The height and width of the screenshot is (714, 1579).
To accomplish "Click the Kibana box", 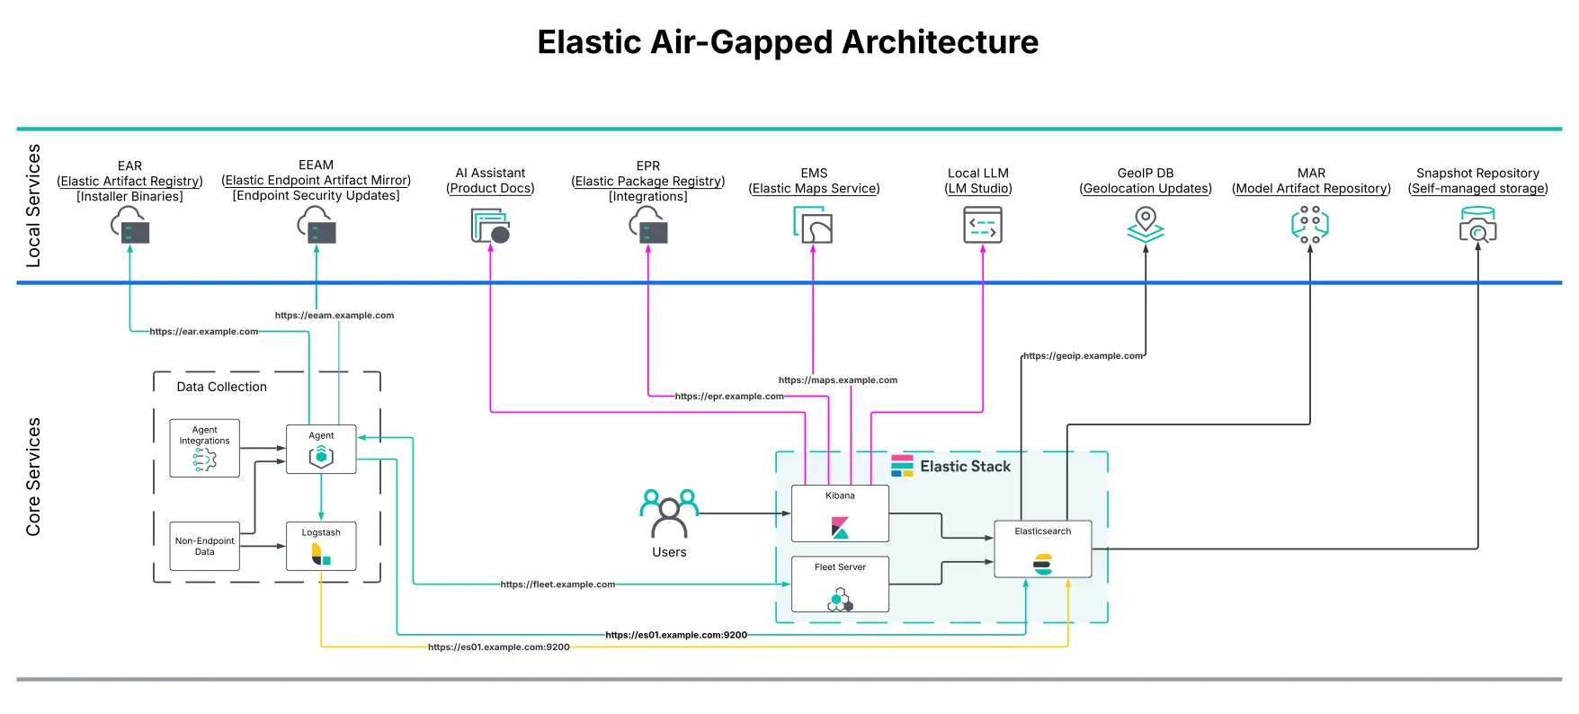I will click(x=840, y=513).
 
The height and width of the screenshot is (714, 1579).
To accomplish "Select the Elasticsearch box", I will click(x=1042, y=549).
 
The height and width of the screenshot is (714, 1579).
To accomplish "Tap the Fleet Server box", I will click(x=840, y=584).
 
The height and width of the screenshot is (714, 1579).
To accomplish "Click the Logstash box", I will click(x=321, y=546).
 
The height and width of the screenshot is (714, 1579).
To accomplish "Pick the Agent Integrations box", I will click(x=205, y=448).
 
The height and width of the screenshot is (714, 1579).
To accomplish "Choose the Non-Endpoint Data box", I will click(x=205, y=546).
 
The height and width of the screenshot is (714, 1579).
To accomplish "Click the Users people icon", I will click(x=669, y=513).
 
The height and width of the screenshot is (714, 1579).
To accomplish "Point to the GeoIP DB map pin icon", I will click(x=1146, y=225).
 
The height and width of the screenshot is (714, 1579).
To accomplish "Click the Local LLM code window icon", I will click(x=982, y=225).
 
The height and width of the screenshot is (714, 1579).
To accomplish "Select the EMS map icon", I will click(x=813, y=225).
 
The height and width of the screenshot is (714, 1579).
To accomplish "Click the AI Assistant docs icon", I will click(x=490, y=226).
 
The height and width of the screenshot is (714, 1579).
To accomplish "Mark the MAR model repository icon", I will click(x=1310, y=225).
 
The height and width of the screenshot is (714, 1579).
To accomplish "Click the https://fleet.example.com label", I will click(x=558, y=585).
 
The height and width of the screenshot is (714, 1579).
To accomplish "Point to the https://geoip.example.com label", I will click(x=1083, y=356).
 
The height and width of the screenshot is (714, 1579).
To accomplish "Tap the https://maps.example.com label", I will click(x=837, y=380).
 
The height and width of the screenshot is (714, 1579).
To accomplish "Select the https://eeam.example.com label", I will click(x=335, y=316).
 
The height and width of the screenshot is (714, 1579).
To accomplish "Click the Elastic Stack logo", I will click(x=902, y=466).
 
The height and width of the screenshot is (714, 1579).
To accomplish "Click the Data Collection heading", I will click(x=221, y=387).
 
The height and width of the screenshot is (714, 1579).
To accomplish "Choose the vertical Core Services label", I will click(x=33, y=477).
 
